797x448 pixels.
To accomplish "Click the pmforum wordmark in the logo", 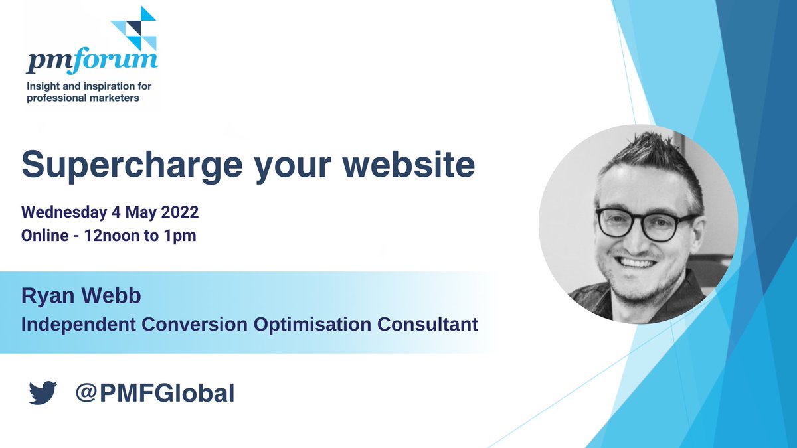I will point(92,61).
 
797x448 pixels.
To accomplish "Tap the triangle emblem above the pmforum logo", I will point(135,28).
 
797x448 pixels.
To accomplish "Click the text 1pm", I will point(181,235).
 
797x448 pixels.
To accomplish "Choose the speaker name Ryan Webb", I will point(81,297).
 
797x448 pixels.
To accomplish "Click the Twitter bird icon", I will point(43,393).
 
